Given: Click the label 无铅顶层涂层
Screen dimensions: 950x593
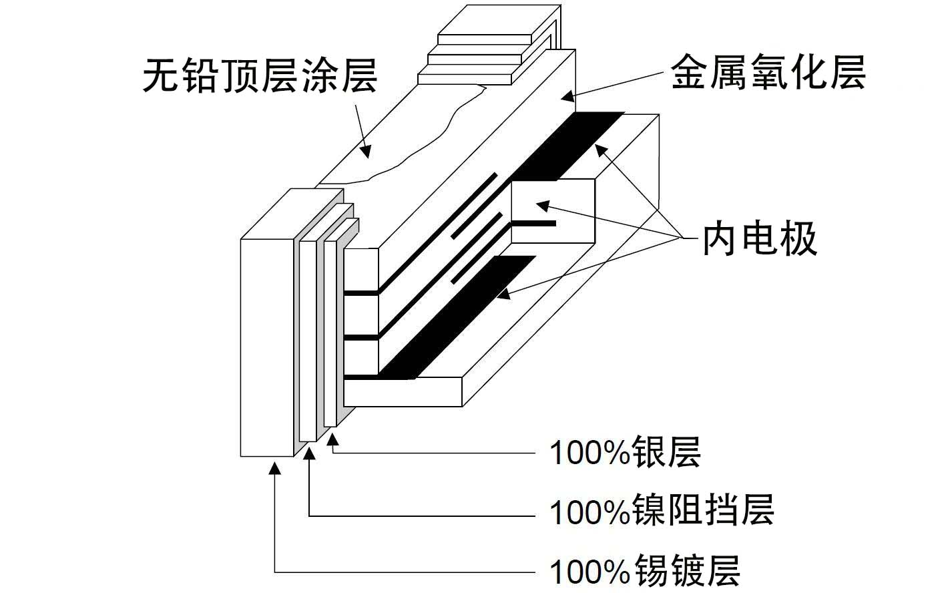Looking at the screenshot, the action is pyautogui.click(x=260, y=76).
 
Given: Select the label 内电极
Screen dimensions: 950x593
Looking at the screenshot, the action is pyautogui.click(x=760, y=239).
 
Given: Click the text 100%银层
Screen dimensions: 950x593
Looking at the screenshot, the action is pyautogui.click(x=625, y=453).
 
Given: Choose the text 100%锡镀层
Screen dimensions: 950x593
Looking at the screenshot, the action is pyautogui.click(x=645, y=571).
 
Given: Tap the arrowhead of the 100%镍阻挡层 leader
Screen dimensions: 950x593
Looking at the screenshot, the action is pyautogui.click(x=310, y=453).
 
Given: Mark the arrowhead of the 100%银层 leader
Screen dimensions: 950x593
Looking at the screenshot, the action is pyautogui.click(x=333, y=439).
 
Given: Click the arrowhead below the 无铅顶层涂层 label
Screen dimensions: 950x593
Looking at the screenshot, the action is pyautogui.click(x=366, y=152).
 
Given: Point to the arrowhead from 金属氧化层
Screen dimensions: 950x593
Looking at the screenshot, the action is pyautogui.click(x=568, y=97).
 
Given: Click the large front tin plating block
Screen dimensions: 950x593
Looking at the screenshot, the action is pyautogui.click(x=267, y=348).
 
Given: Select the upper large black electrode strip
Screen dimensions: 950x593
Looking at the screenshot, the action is pyautogui.click(x=568, y=146).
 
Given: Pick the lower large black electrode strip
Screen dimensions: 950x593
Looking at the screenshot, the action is pyautogui.click(x=457, y=317).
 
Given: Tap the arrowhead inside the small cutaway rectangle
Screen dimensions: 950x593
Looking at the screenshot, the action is pyautogui.click(x=543, y=206).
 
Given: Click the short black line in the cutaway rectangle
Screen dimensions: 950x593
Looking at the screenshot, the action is pyautogui.click(x=533, y=224).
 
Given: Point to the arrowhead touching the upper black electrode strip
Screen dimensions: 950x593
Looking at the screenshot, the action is pyautogui.click(x=602, y=150).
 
